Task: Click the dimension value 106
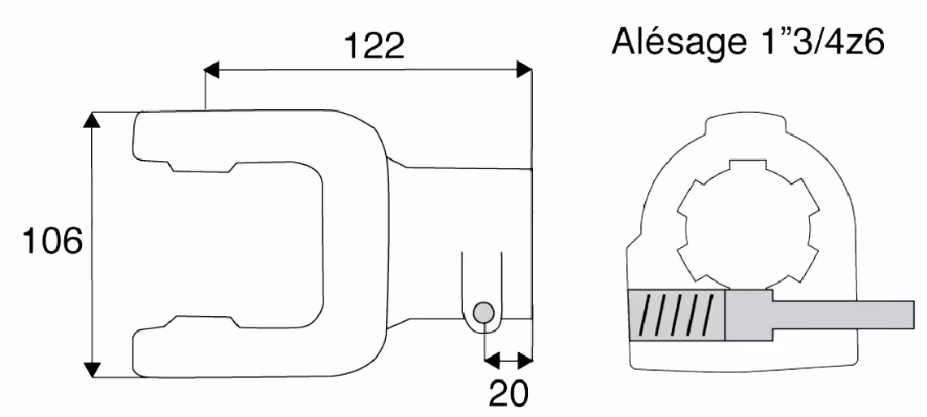[52, 241]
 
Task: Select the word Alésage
[676, 41]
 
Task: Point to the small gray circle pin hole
[483, 311]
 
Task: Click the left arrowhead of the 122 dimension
[212, 69]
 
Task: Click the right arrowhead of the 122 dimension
[524, 69]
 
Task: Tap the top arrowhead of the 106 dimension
[91, 119]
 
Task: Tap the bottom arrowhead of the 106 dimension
[91, 369]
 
